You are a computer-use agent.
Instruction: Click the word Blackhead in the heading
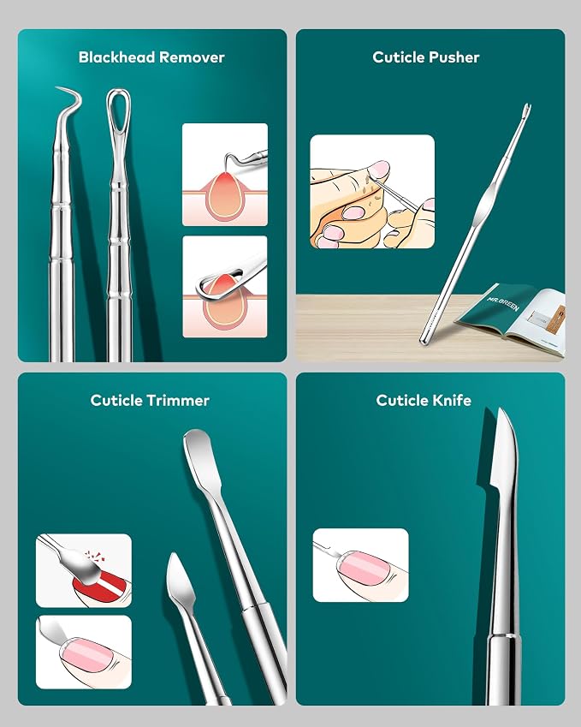116,57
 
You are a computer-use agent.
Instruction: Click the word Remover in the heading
192,57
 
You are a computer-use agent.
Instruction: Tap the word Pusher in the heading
454,57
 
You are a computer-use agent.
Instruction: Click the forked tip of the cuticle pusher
526,110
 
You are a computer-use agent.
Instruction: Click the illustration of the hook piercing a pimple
225,175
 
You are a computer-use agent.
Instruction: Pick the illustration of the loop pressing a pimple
225,287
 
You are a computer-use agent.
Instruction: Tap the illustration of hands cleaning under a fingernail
372,192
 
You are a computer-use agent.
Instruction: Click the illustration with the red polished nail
84,570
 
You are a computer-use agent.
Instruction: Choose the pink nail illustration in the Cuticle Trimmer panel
84,652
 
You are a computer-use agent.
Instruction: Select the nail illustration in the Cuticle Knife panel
360,564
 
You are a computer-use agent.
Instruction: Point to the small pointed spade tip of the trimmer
180,580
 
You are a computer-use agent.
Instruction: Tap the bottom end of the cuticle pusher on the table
424,340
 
